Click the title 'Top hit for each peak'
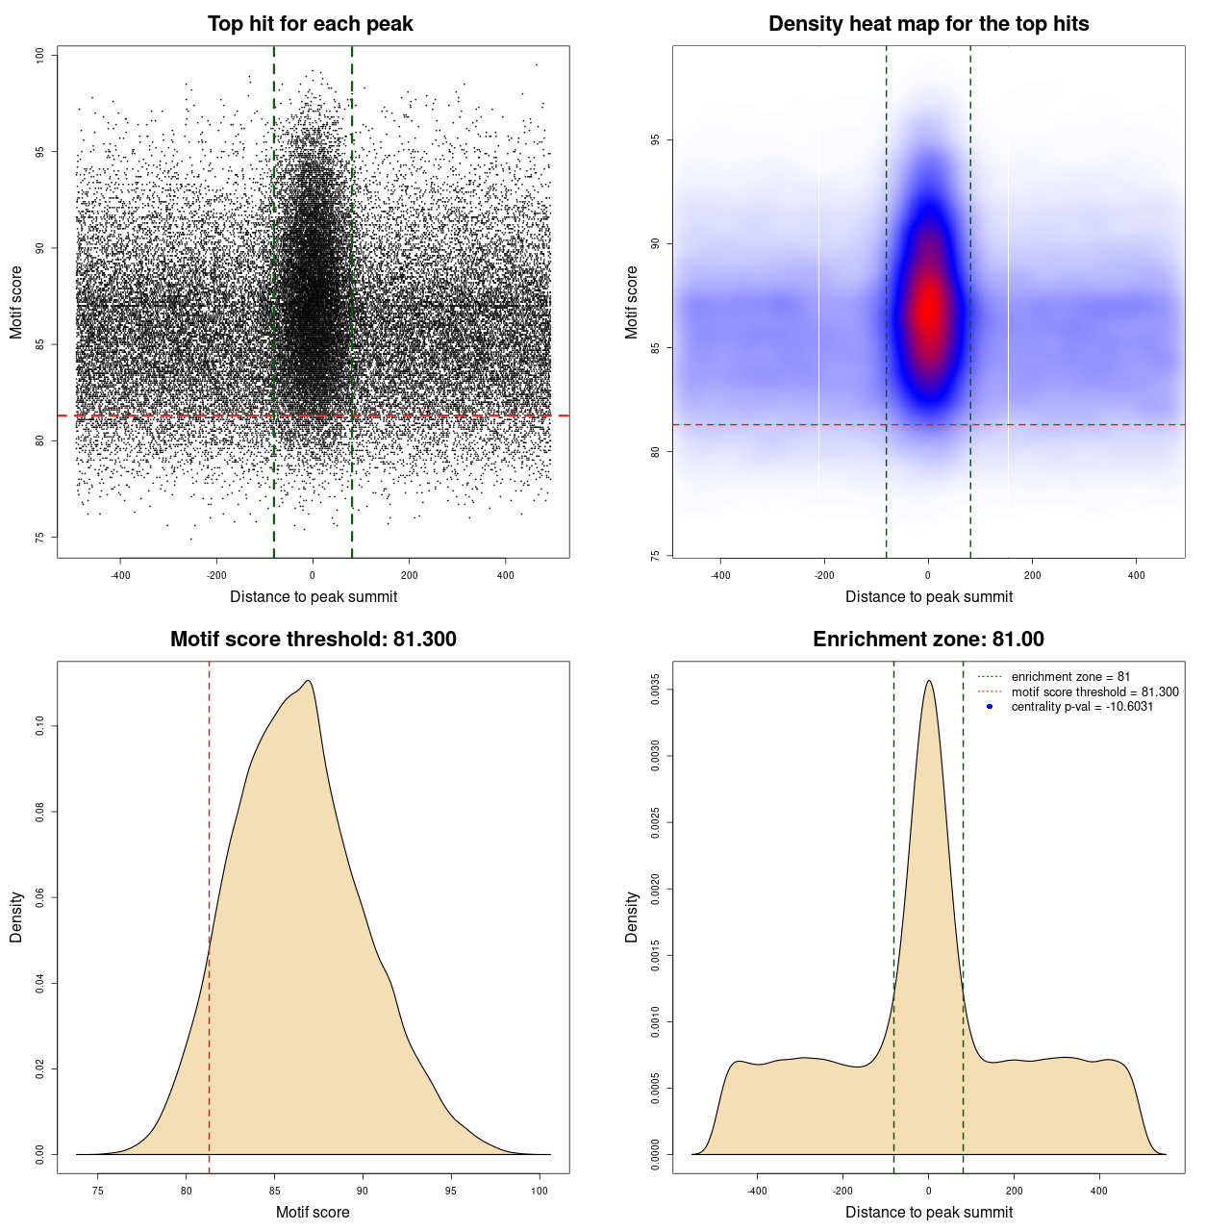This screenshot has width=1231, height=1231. pos(310,24)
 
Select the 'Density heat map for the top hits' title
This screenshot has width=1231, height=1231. pos(928,24)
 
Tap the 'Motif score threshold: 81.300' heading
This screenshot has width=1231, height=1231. pos(313,640)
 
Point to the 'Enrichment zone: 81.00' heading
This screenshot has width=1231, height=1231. pos(928,640)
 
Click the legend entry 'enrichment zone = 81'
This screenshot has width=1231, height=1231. pos(1070,677)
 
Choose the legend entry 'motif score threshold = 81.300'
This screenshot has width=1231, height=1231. pos(1094,691)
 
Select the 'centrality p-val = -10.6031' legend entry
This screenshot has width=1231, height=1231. pos(1082,707)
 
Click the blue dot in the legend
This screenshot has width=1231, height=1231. pos(990,707)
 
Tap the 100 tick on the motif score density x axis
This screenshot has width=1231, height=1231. pos(540,1191)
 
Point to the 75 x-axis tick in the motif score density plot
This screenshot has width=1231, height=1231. pos(97,1191)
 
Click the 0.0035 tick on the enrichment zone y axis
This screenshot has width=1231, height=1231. pos(655,690)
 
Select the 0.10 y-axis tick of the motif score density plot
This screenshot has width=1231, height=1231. pos(39,726)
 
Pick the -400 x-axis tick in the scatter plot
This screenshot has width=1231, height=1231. pos(120,575)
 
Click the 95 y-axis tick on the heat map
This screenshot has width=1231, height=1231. pos(655,140)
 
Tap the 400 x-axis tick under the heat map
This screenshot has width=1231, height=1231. pos(1136,575)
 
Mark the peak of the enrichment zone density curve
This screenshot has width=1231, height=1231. pos(928,681)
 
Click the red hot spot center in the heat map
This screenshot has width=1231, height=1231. pos(928,310)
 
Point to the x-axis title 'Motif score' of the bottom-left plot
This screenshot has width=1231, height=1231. pos(313,1212)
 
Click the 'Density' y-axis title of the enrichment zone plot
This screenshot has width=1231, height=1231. pos(632,917)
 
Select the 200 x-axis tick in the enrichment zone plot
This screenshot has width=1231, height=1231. pos(1014,1191)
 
